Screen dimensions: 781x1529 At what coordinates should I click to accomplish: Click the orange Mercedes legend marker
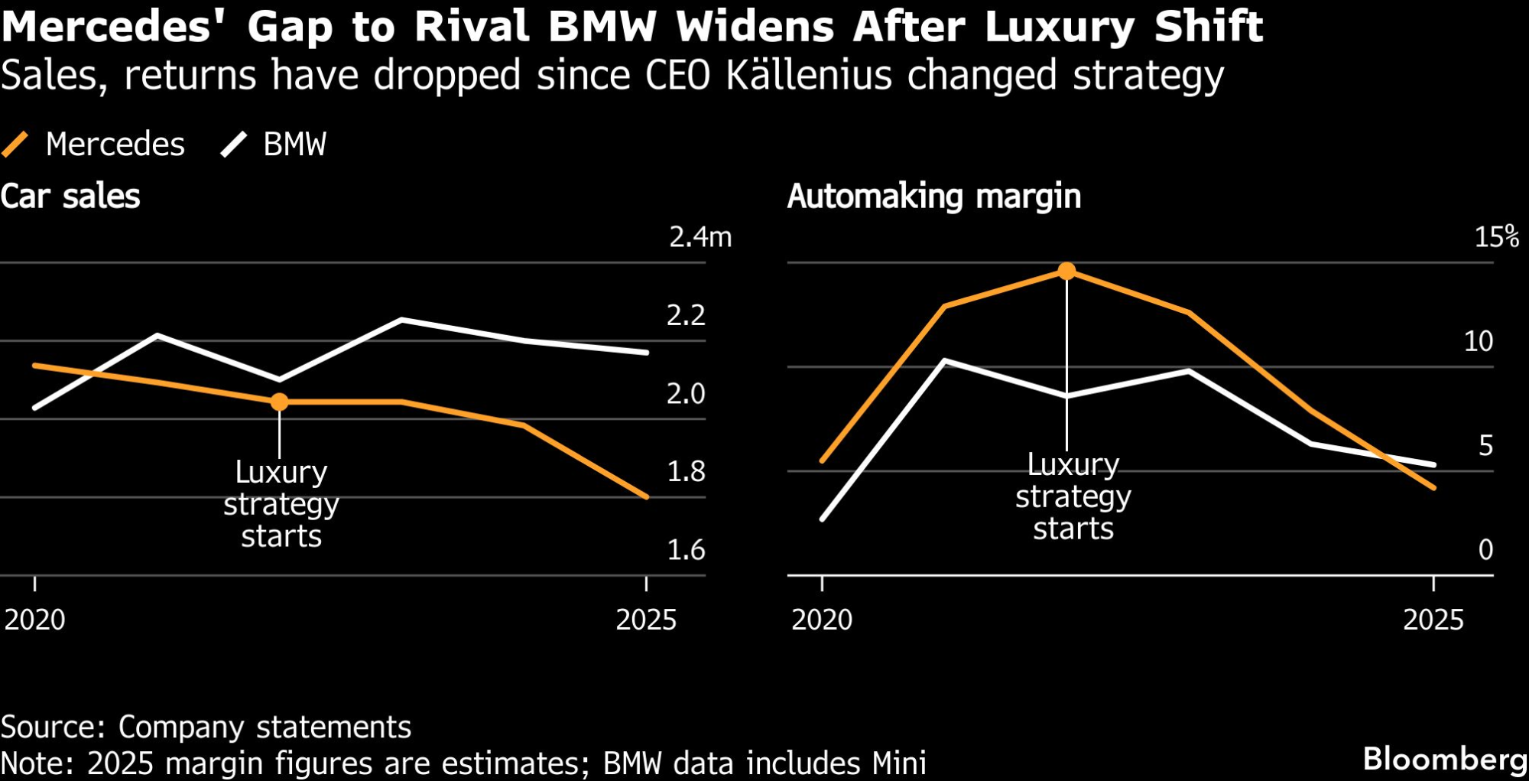pos(15,144)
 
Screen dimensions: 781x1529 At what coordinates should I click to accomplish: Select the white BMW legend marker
pos(234,144)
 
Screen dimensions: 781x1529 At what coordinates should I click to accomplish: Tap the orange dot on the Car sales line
pos(280,402)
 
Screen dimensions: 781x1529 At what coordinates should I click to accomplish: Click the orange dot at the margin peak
pos(1066,271)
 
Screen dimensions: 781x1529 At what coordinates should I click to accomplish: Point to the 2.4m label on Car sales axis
pos(700,237)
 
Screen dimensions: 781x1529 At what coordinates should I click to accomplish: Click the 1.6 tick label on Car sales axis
pos(686,550)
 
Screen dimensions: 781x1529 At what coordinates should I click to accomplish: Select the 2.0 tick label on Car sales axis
pos(686,393)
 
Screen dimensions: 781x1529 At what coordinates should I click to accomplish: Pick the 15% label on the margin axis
pos(1496,237)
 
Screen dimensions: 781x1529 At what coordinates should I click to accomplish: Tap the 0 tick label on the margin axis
pos(1485,550)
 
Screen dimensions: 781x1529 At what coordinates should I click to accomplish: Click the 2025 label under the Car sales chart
pos(646,620)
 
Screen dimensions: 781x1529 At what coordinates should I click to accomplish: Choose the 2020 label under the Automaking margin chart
pos(822,620)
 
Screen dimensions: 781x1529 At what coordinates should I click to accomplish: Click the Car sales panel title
pos(70,197)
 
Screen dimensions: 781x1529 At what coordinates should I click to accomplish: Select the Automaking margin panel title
pos(934,197)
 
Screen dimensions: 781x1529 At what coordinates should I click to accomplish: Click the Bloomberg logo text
pos(1445,759)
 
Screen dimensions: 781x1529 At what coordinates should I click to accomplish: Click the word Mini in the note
pos(899,763)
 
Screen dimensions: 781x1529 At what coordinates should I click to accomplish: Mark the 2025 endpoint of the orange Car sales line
pos(647,497)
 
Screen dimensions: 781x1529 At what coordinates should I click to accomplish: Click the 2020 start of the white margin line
pos(823,519)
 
